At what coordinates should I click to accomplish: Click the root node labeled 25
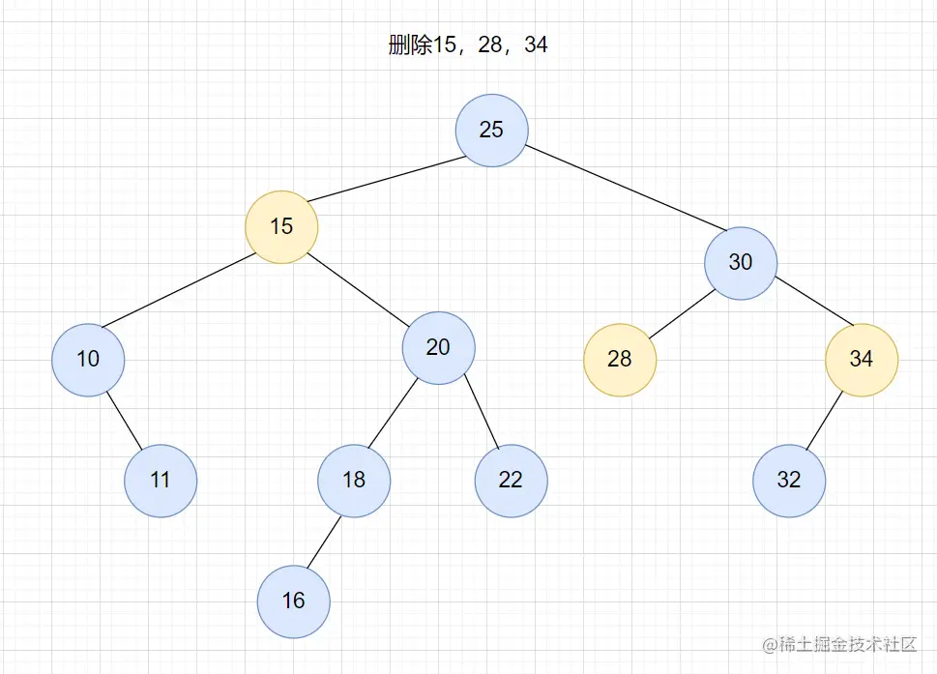(x=492, y=130)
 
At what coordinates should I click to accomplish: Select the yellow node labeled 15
(x=281, y=227)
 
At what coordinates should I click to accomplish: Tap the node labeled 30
(x=741, y=262)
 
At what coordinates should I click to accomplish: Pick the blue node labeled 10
(x=88, y=360)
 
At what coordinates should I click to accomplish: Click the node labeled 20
(x=438, y=347)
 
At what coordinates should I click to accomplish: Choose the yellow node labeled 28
(x=620, y=360)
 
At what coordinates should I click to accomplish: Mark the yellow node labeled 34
(x=862, y=360)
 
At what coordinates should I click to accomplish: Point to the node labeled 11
(x=161, y=481)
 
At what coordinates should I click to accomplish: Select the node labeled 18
(x=354, y=481)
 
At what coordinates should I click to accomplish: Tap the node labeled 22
(x=511, y=481)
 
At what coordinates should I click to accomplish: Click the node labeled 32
(x=789, y=481)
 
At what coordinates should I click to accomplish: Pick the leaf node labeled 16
(x=294, y=601)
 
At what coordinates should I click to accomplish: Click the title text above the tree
(x=468, y=45)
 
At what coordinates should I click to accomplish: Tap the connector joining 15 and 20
(x=360, y=287)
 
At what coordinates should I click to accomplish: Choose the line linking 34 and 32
(x=825, y=421)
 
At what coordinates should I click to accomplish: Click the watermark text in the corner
(x=837, y=645)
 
